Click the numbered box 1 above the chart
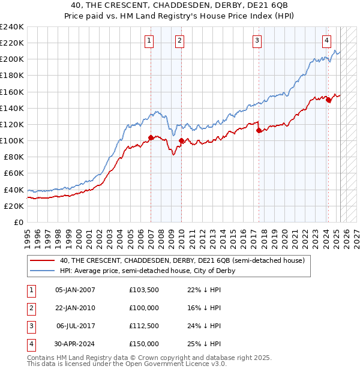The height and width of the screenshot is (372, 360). [148, 41]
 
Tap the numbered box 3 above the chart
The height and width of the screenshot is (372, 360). [257, 41]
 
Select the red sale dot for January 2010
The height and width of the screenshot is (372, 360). [181, 141]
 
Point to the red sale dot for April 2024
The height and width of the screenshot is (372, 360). [329, 100]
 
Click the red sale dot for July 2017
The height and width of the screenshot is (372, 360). [259, 130]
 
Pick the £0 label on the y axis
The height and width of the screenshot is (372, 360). [18, 222]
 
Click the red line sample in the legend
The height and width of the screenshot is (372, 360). [43, 260]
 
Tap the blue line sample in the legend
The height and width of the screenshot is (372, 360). [43, 271]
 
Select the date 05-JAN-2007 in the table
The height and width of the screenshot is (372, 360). [75, 290]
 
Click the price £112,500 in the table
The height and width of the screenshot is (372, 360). [144, 326]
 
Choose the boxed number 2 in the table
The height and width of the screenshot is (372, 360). [30, 308]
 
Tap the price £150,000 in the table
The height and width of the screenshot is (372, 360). [144, 344]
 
